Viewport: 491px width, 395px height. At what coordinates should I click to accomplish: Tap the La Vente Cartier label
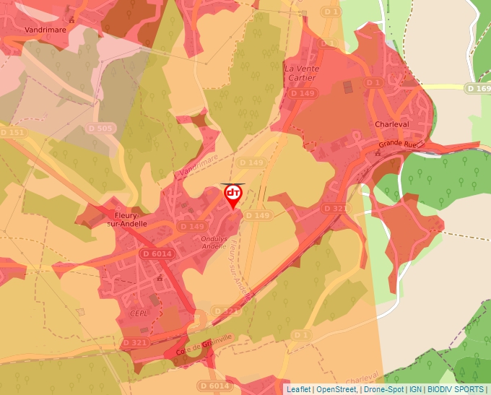(x=303, y=74)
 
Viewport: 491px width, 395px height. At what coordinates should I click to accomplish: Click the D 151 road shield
(x=12, y=133)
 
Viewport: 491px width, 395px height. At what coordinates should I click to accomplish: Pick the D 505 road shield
(x=100, y=128)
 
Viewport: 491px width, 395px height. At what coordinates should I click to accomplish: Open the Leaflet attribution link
(x=298, y=389)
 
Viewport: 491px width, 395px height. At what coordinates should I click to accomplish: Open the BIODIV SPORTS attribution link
(x=455, y=389)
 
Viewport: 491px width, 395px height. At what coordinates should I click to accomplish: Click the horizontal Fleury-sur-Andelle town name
(x=131, y=219)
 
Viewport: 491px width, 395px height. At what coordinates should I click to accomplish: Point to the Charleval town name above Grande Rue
(x=392, y=124)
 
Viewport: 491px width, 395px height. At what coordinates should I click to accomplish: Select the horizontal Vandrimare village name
(x=45, y=30)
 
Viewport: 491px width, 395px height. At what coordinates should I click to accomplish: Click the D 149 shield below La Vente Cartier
(x=303, y=94)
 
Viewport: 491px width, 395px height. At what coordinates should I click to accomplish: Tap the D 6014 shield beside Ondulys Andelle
(x=157, y=253)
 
